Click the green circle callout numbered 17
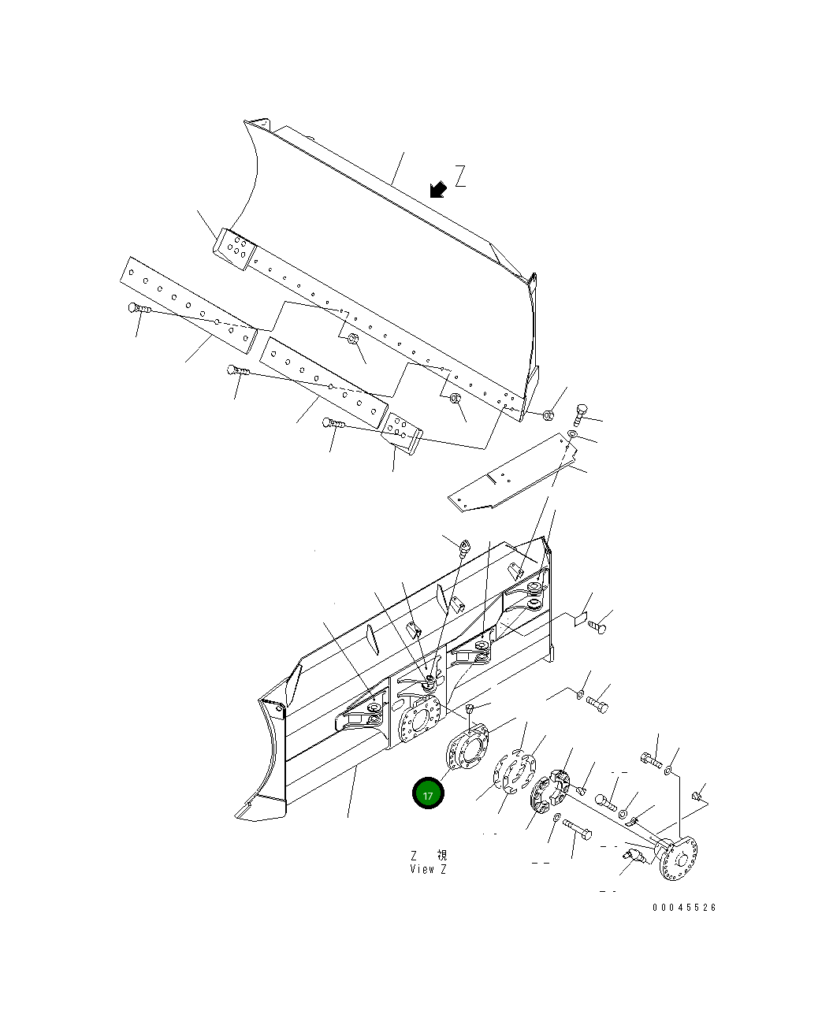[428, 794]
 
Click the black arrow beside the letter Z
[438, 189]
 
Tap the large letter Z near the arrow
[460, 176]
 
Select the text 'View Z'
[428, 870]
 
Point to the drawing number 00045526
[684, 908]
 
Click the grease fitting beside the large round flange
[636, 856]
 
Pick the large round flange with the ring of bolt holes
[678, 859]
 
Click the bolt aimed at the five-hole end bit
[334, 424]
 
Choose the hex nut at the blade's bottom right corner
[549, 414]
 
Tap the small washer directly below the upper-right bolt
[573, 435]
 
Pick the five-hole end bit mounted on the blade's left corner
[234, 249]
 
